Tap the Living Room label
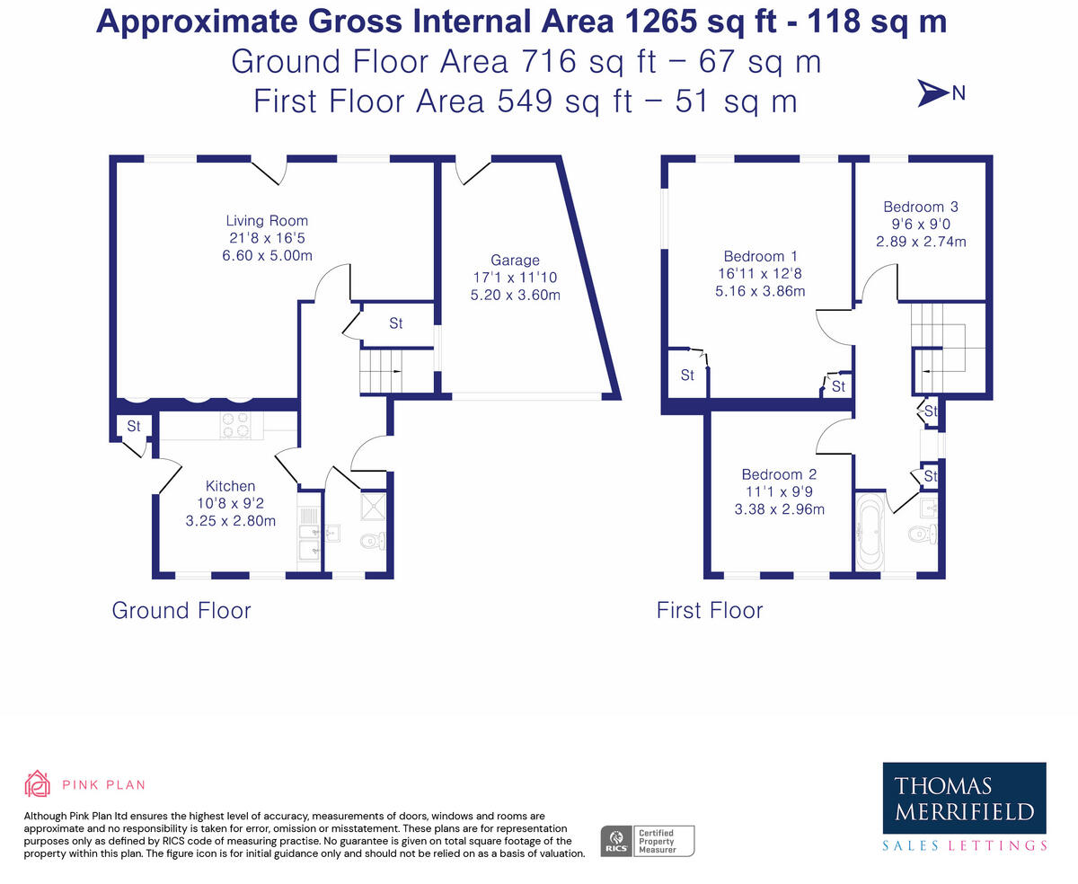click(x=267, y=221)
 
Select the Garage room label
click(x=515, y=261)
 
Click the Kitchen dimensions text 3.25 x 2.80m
click(x=230, y=520)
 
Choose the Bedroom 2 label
click(x=779, y=474)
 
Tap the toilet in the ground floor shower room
click(x=372, y=541)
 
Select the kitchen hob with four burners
click(x=235, y=425)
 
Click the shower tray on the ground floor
click(x=371, y=506)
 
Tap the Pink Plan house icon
click(x=37, y=784)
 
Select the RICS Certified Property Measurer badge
click(x=647, y=841)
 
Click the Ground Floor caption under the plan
click(x=181, y=611)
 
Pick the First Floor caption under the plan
click(x=709, y=611)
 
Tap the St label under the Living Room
click(x=133, y=426)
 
